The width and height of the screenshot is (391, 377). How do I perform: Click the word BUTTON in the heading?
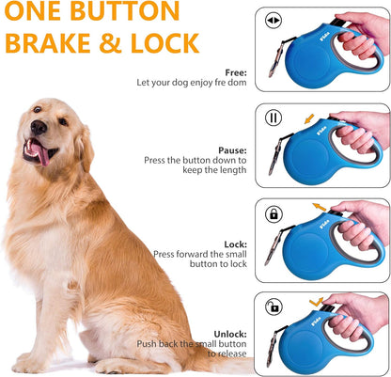click(x=121, y=12)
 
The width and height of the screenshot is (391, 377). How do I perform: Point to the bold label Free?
click(x=235, y=72)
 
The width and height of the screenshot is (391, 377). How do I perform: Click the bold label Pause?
click(x=230, y=149)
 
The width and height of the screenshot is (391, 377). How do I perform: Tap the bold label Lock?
click(x=235, y=243)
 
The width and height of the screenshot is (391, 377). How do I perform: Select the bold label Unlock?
click(x=229, y=333)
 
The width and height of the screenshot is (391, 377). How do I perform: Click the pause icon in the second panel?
click(x=274, y=118)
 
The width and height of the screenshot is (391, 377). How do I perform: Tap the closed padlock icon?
click(x=274, y=213)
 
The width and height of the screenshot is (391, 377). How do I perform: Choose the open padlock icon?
click(x=274, y=306)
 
